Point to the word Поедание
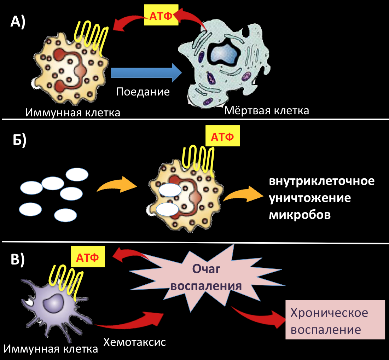pyautogui.click(x=143, y=92)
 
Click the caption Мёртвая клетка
pyautogui.click(x=267, y=110)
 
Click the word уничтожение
pyautogui.click(x=310, y=198)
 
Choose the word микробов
pyautogui.click(x=300, y=215)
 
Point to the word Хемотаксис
pyautogui.click(x=134, y=342)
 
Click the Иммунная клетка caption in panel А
pyautogui.click(x=73, y=113)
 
